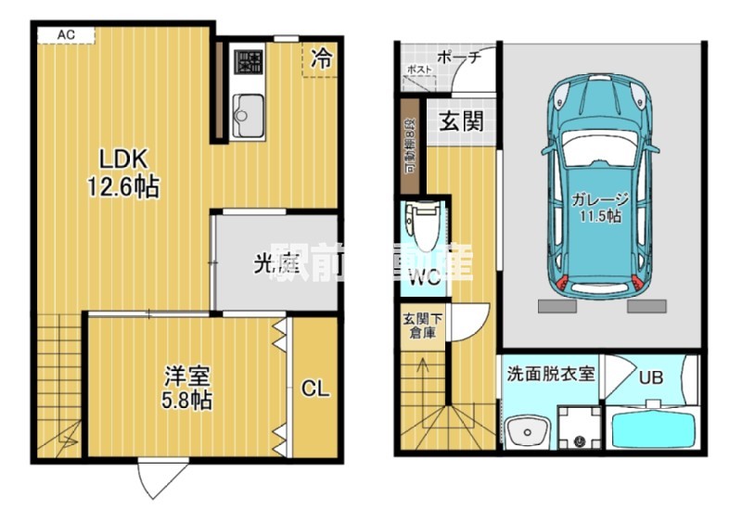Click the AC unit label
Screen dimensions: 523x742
[65, 35]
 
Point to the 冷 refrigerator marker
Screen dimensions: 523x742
[320, 59]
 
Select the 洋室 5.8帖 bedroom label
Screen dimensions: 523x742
[187, 388]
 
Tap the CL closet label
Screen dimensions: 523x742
[315, 389]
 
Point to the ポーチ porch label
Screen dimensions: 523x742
[458, 57]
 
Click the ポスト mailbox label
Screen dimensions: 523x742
[418, 70]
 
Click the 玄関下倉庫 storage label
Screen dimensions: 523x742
[423, 326]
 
